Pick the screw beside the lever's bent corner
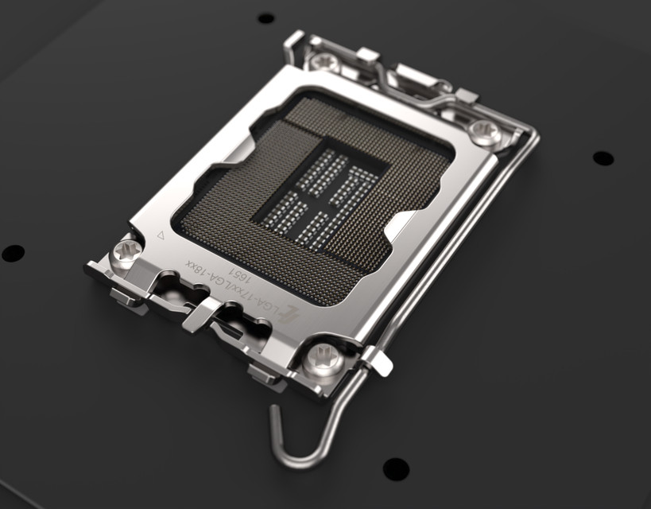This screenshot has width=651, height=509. click(x=486, y=130)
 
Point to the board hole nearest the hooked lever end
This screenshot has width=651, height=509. click(x=395, y=468)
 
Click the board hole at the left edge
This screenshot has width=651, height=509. click(x=13, y=253)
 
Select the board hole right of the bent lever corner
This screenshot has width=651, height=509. click(x=603, y=157)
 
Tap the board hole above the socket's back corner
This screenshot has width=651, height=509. click(x=265, y=17)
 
